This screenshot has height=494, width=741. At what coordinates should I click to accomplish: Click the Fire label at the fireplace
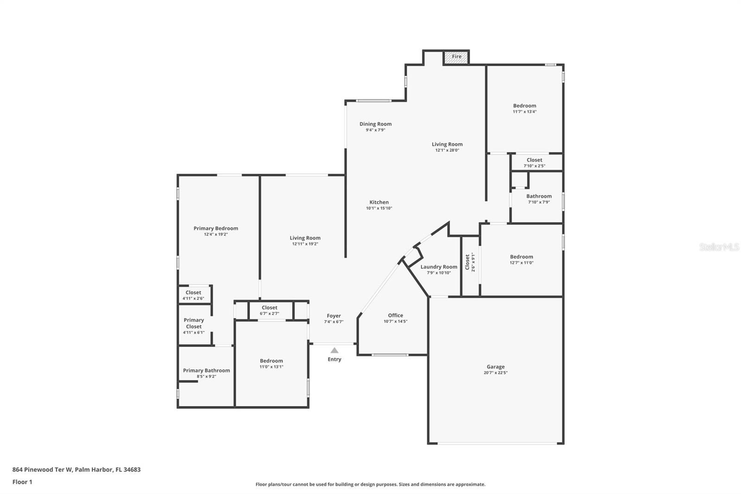(x=457, y=57)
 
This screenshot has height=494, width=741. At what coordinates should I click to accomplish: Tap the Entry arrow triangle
(x=334, y=350)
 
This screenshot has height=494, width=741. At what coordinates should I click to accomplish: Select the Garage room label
(x=496, y=367)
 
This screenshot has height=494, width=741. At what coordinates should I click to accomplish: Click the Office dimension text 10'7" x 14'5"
(x=396, y=321)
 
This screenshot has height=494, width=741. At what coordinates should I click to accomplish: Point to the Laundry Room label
(x=439, y=267)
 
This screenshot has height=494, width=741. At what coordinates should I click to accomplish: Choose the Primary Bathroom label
(x=207, y=371)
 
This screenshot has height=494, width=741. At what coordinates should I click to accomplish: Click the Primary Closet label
(x=194, y=323)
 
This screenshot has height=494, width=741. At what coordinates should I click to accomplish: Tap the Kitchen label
(x=379, y=203)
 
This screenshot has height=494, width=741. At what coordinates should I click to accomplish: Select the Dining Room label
(x=376, y=124)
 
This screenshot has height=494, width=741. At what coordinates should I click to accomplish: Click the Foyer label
(x=334, y=316)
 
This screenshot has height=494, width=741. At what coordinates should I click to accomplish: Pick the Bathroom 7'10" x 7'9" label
(x=539, y=196)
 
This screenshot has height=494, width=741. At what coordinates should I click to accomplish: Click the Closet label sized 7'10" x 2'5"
(x=534, y=160)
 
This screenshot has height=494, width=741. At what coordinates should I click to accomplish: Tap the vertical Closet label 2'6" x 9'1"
(x=467, y=262)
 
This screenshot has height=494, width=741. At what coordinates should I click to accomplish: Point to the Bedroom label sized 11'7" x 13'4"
(x=525, y=106)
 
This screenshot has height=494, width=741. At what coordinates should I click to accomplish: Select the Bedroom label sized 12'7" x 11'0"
(x=521, y=257)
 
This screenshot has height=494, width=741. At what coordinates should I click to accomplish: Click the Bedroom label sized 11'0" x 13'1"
(x=271, y=361)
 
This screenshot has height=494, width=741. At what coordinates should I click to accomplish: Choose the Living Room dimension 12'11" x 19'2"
(x=305, y=244)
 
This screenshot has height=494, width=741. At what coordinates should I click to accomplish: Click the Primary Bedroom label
(x=216, y=228)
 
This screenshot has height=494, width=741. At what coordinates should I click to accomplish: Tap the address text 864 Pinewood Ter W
(x=42, y=469)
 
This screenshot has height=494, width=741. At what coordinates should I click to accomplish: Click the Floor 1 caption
(x=23, y=482)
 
